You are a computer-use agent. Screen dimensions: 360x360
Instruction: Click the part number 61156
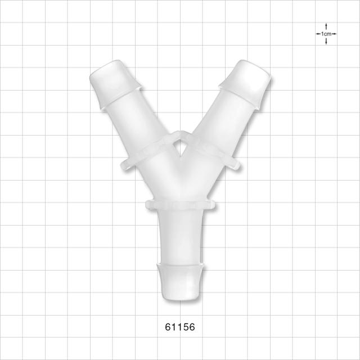(x=180, y=327)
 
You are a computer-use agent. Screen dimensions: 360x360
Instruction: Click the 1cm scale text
(x=326, y=34)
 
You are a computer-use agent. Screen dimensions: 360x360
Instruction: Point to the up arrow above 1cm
(x=326, y=26)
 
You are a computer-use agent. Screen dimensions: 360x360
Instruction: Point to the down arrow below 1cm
(x=326, y=41)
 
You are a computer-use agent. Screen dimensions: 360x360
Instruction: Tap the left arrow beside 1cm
(x=318, y=34)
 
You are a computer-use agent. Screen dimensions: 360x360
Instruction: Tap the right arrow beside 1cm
(x=334, y=34)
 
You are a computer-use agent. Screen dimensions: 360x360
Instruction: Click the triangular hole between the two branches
(x=180, y=148)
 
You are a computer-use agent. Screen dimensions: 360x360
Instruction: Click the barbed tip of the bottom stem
(x=180, y=281)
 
